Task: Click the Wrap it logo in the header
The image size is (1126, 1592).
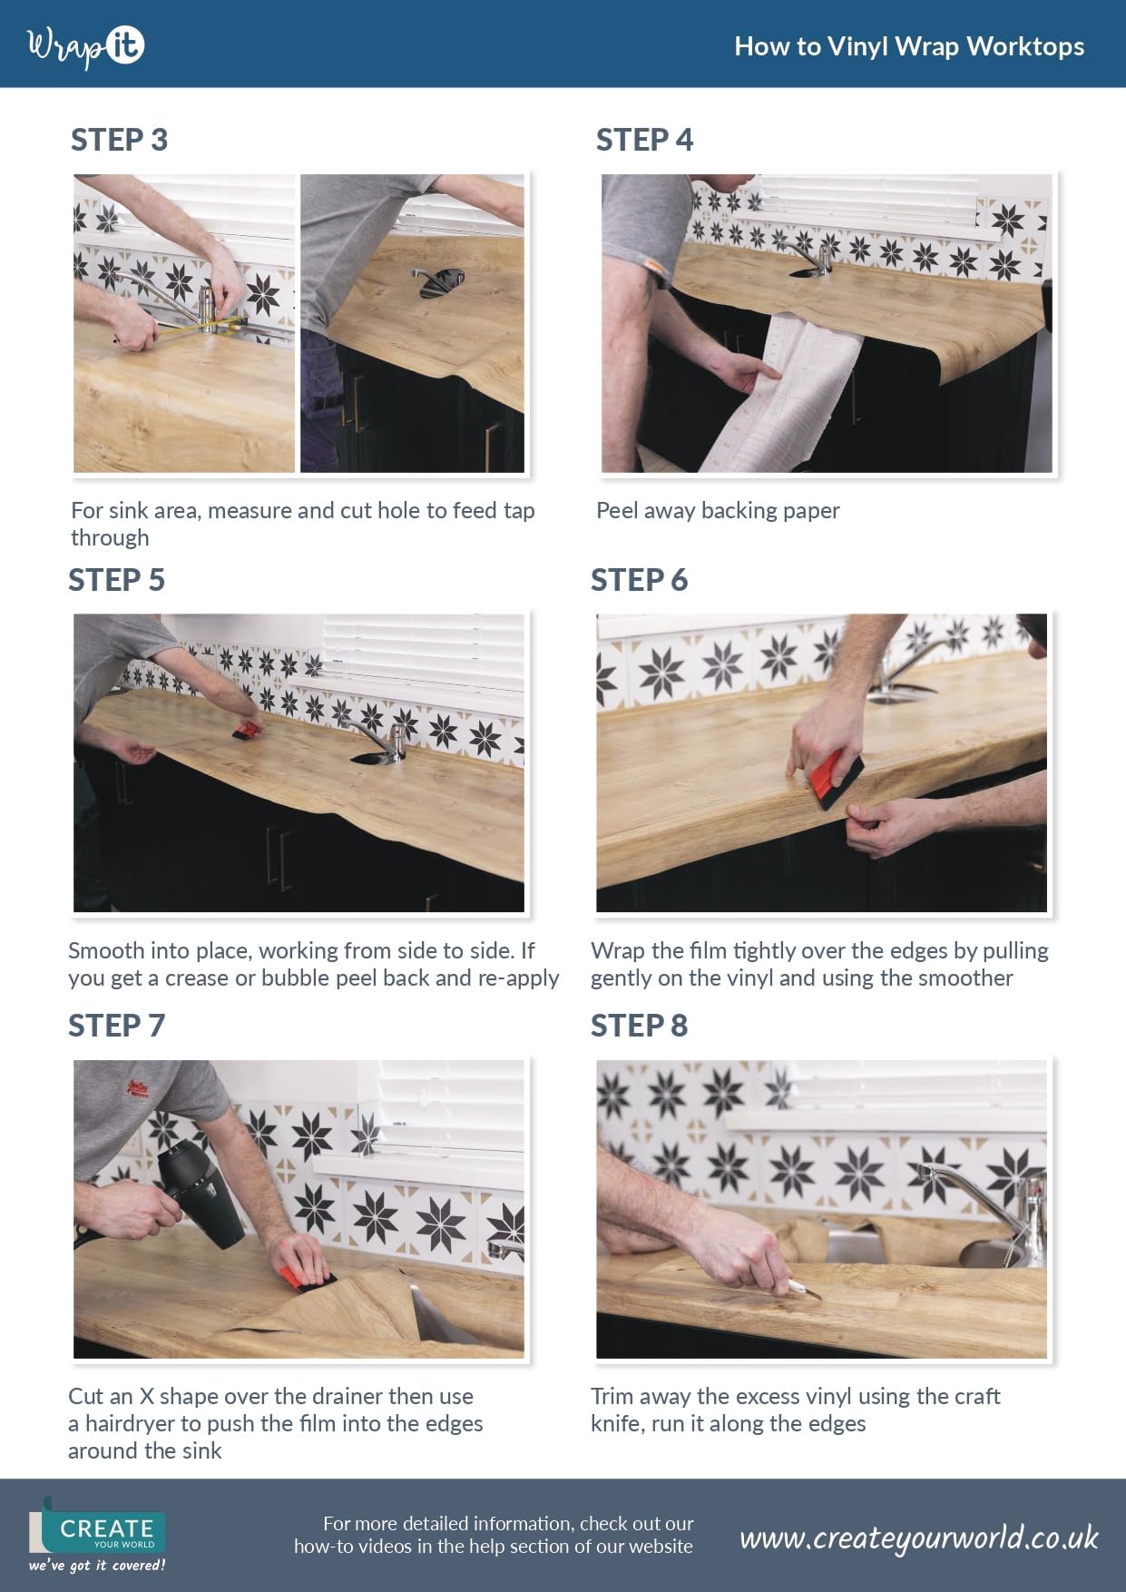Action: [x=86, y=46]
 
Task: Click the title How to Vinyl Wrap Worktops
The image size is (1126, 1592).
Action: [x=909, y=46]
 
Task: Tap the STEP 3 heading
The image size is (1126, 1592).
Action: [x=119, y=140]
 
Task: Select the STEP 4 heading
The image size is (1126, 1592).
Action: [x=644, y=140]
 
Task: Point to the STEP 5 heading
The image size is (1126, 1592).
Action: [x=116, y=580]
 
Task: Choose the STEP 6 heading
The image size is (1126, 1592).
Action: [x=639, y=580]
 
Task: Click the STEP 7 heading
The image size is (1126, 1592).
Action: [x=116, y=1026]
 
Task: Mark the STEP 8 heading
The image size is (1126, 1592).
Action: [x=639, y=1026]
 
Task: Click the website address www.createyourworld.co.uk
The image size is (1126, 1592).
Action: [x=919, y=1538]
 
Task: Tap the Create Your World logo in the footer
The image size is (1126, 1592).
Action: [x=97, y=1534]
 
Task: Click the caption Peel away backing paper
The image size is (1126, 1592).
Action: [x=718, y=511]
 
